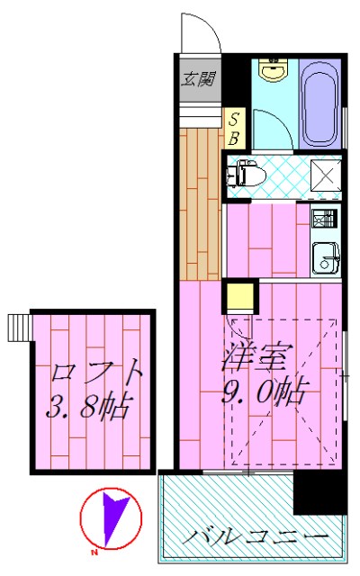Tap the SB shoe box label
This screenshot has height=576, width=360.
(x=232, y=128)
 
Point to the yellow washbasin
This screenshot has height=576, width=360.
(x=270, y=71)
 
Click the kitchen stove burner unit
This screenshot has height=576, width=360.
(x=323, y=219)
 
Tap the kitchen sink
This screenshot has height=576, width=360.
(x=323, y=256)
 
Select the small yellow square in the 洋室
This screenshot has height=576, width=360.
(x=239, y=297)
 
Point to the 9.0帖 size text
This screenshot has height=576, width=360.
(x=262, y=392)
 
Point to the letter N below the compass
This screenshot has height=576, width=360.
(x=94, y=552)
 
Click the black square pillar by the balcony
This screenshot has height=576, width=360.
(x=319, y=493)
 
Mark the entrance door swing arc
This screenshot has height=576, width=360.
(x=201, y=32)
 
